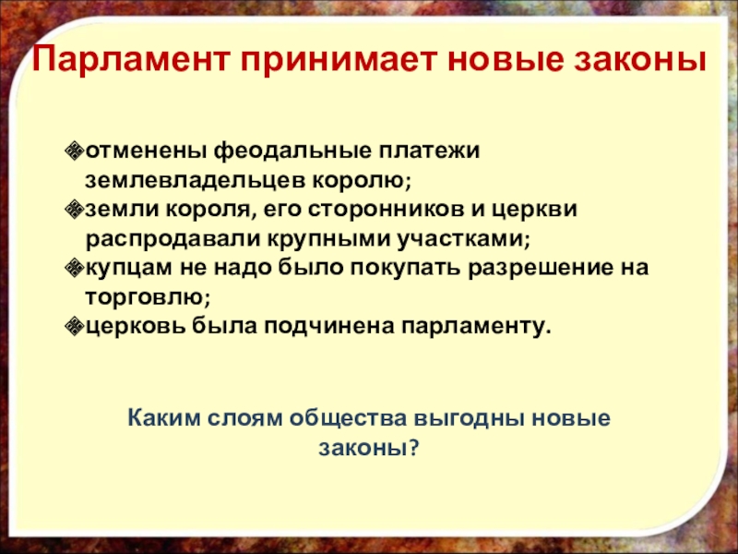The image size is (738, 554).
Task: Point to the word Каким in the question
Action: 162,417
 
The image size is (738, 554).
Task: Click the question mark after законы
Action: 414,447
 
